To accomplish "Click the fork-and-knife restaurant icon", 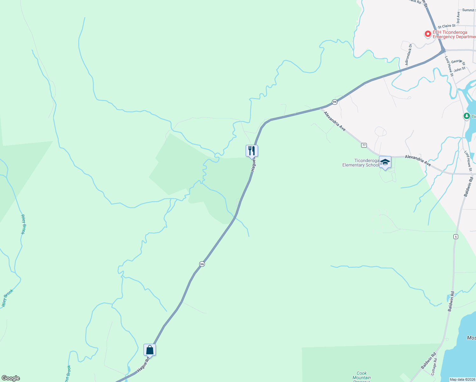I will point(252,151).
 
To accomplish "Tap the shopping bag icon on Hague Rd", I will point(150,350).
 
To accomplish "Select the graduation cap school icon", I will point(385,162).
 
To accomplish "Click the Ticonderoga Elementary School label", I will point(360,163).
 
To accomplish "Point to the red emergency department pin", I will point(428,34).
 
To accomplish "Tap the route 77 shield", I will point(364,145).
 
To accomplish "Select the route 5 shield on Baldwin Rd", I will point(456,237).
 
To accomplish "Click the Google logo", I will point(10,378).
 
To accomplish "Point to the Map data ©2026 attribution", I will point(462,379).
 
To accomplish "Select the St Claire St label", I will point(446,26).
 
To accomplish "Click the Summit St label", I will point(468,10).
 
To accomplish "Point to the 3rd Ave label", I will point(458,18).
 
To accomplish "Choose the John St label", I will point(459,69).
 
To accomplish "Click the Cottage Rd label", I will point(434,366).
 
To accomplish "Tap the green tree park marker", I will point(466,116).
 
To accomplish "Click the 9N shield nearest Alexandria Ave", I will point(334,102).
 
